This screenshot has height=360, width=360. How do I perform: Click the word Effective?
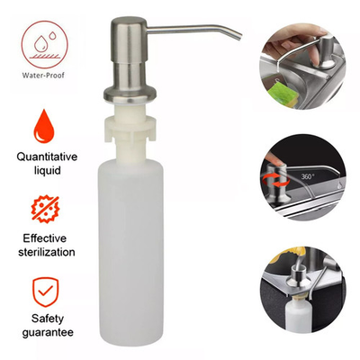tap(47, 238)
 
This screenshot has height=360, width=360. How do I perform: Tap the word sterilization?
tap(47, 254)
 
